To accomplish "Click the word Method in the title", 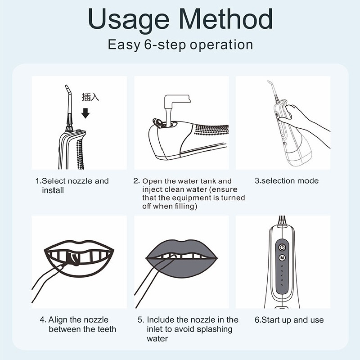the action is point(226,18).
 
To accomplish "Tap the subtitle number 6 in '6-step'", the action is point(148,44).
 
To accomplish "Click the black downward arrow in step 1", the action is point(85,113).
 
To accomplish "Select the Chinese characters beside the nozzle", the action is point(90,97).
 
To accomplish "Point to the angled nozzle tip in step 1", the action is point(67,88).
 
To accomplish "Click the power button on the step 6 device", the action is point(282,247).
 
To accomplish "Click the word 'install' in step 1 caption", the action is point(53,190).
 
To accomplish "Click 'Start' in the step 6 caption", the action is point(272,320).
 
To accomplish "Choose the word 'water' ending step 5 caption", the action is point(157,339).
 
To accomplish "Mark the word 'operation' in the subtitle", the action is point(221,45).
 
